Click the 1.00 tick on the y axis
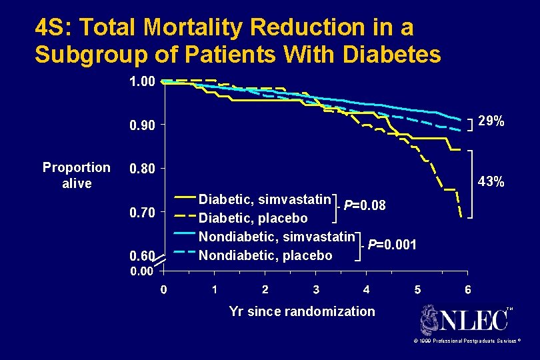(x=141, y=81)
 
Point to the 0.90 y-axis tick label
(x=141, y=125)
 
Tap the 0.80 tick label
(x=141, y=169)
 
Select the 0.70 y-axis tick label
(x=141, y=213)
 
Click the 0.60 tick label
(x=141, y=256)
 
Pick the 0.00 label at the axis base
(x=141, y=271)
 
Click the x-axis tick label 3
(x=315, y=290)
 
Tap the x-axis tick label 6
(x=468, y=290)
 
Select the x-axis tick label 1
(x=214, y=290)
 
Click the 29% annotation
(x=491, y=122)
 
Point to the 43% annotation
(x=491, y=182)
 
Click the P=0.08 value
(x=365, y=204)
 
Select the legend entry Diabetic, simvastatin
(x=265, y=199)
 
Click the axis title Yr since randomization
(x=302, y=311)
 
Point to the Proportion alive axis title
(x=77, y=175)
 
